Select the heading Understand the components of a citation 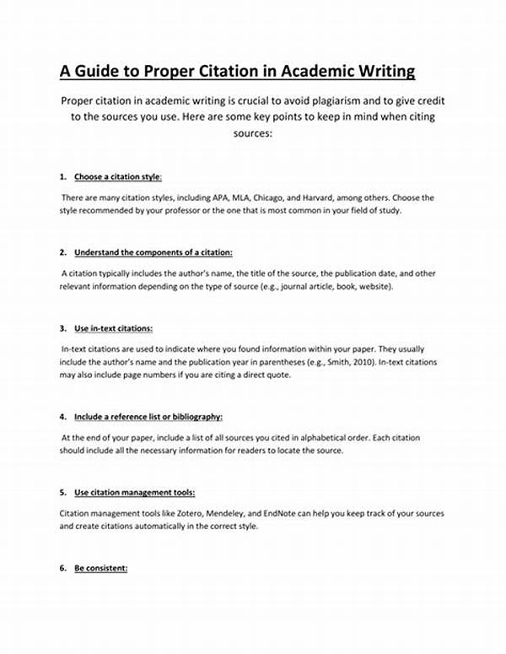(x=153, y=252)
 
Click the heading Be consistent (x=100, y=568)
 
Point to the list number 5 (x=62, y=492)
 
